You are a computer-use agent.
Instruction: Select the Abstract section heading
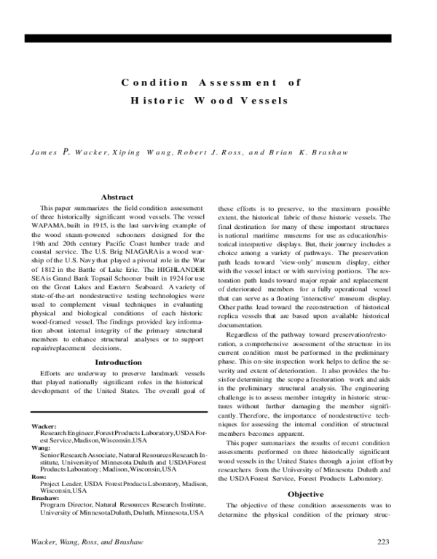(117, 197)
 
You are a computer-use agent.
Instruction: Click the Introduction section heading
(119, 362)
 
